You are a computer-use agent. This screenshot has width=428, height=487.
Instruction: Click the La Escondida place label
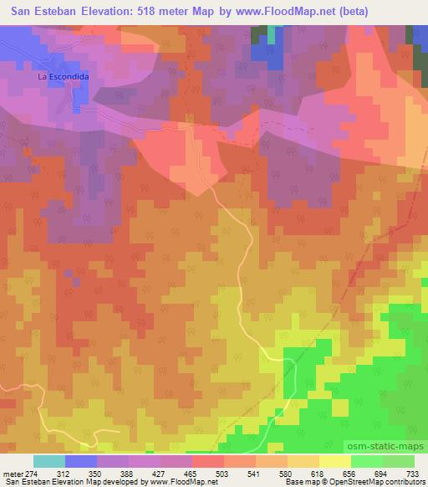pos(63,76)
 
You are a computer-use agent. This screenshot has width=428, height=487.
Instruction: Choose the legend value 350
pos(97,474)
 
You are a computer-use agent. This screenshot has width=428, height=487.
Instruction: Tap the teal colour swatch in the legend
pos(49,462)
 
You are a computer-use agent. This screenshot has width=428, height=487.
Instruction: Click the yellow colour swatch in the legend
pos(334,462)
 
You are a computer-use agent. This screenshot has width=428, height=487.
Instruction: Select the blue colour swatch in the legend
pos(81,462)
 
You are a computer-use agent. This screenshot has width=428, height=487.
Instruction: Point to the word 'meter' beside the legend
pos(12,474)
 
